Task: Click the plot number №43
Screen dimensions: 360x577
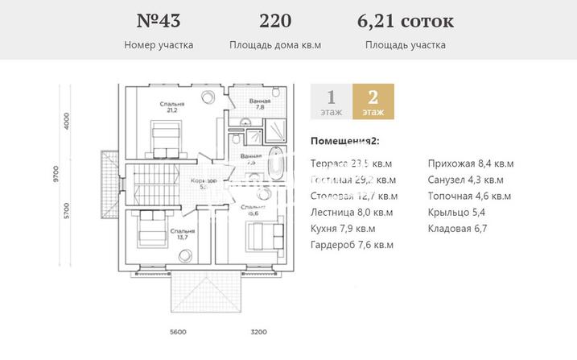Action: [159, 20]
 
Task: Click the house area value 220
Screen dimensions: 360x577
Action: [275, 20]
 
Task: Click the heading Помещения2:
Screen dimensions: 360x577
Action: [344, 141]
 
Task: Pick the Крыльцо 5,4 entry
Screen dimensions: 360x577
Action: [457, 213]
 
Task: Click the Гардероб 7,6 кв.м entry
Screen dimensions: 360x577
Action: [352, 245]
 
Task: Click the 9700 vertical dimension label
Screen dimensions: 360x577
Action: [56, 174]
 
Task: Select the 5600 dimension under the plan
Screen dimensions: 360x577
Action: [179, 331]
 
